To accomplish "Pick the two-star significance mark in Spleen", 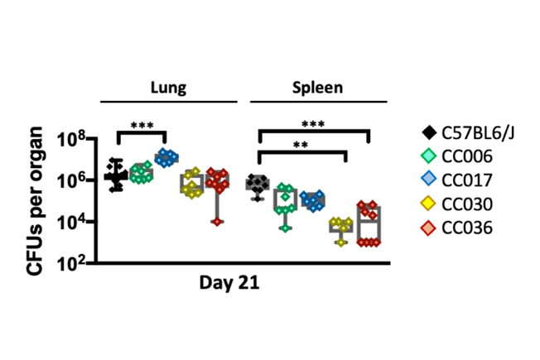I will click(300, 146).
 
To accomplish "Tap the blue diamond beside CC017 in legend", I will click(429, 179).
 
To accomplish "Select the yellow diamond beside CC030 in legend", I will click(429, 203).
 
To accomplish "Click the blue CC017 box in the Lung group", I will click(166, 157).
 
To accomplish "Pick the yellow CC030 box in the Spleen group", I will click(340, 226).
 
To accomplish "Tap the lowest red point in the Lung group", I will click(218, 221).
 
